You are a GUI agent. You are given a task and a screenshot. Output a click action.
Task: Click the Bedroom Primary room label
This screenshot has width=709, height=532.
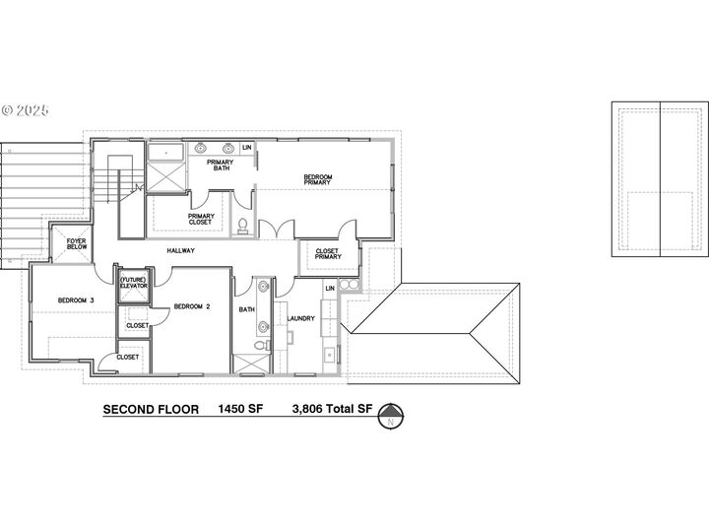[x=317, y=179]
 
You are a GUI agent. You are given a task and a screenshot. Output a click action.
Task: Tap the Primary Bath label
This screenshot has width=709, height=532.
[x=221, y=165]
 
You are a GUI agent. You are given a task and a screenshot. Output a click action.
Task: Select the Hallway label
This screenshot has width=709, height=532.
[x=181, y=250]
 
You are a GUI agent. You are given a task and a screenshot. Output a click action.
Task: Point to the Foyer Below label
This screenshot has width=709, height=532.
[x=77, y=244]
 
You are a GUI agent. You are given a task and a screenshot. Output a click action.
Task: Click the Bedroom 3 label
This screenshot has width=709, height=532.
[x=76, y=299]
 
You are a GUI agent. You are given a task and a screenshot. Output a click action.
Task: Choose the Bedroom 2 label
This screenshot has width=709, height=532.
[x=192, y=306]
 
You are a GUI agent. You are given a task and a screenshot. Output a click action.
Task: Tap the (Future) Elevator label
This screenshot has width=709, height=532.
[x=133, y=283]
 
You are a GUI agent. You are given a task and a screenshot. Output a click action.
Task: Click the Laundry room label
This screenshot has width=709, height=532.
[x=300, y=318]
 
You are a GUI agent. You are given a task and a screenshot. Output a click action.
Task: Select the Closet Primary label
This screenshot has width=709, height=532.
[x=328, y=254]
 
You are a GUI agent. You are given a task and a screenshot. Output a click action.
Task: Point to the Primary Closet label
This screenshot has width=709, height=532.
[x=201, y=219]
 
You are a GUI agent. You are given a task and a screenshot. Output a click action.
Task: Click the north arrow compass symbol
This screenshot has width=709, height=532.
[x=391, y=416]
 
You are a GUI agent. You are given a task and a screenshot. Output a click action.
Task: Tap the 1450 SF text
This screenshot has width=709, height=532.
[x=240, y=409]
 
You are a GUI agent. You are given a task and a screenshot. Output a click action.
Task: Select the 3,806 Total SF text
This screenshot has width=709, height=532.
[x=333, y=409]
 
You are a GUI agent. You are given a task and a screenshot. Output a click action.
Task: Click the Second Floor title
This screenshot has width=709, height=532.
[x=151, y=410]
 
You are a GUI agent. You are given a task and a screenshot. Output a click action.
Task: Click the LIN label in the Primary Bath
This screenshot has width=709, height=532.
[x=247, y=148]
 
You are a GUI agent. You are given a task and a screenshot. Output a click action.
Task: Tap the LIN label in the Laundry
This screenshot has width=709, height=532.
[x=330, y=288]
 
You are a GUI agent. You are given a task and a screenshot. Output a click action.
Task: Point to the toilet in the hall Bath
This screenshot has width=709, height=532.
[x=261, y=346]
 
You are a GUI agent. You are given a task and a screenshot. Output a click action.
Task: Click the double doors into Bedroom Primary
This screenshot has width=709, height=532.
[x=277, y=229]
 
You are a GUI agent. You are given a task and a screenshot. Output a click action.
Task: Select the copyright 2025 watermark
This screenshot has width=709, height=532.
[x=26, y=110]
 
